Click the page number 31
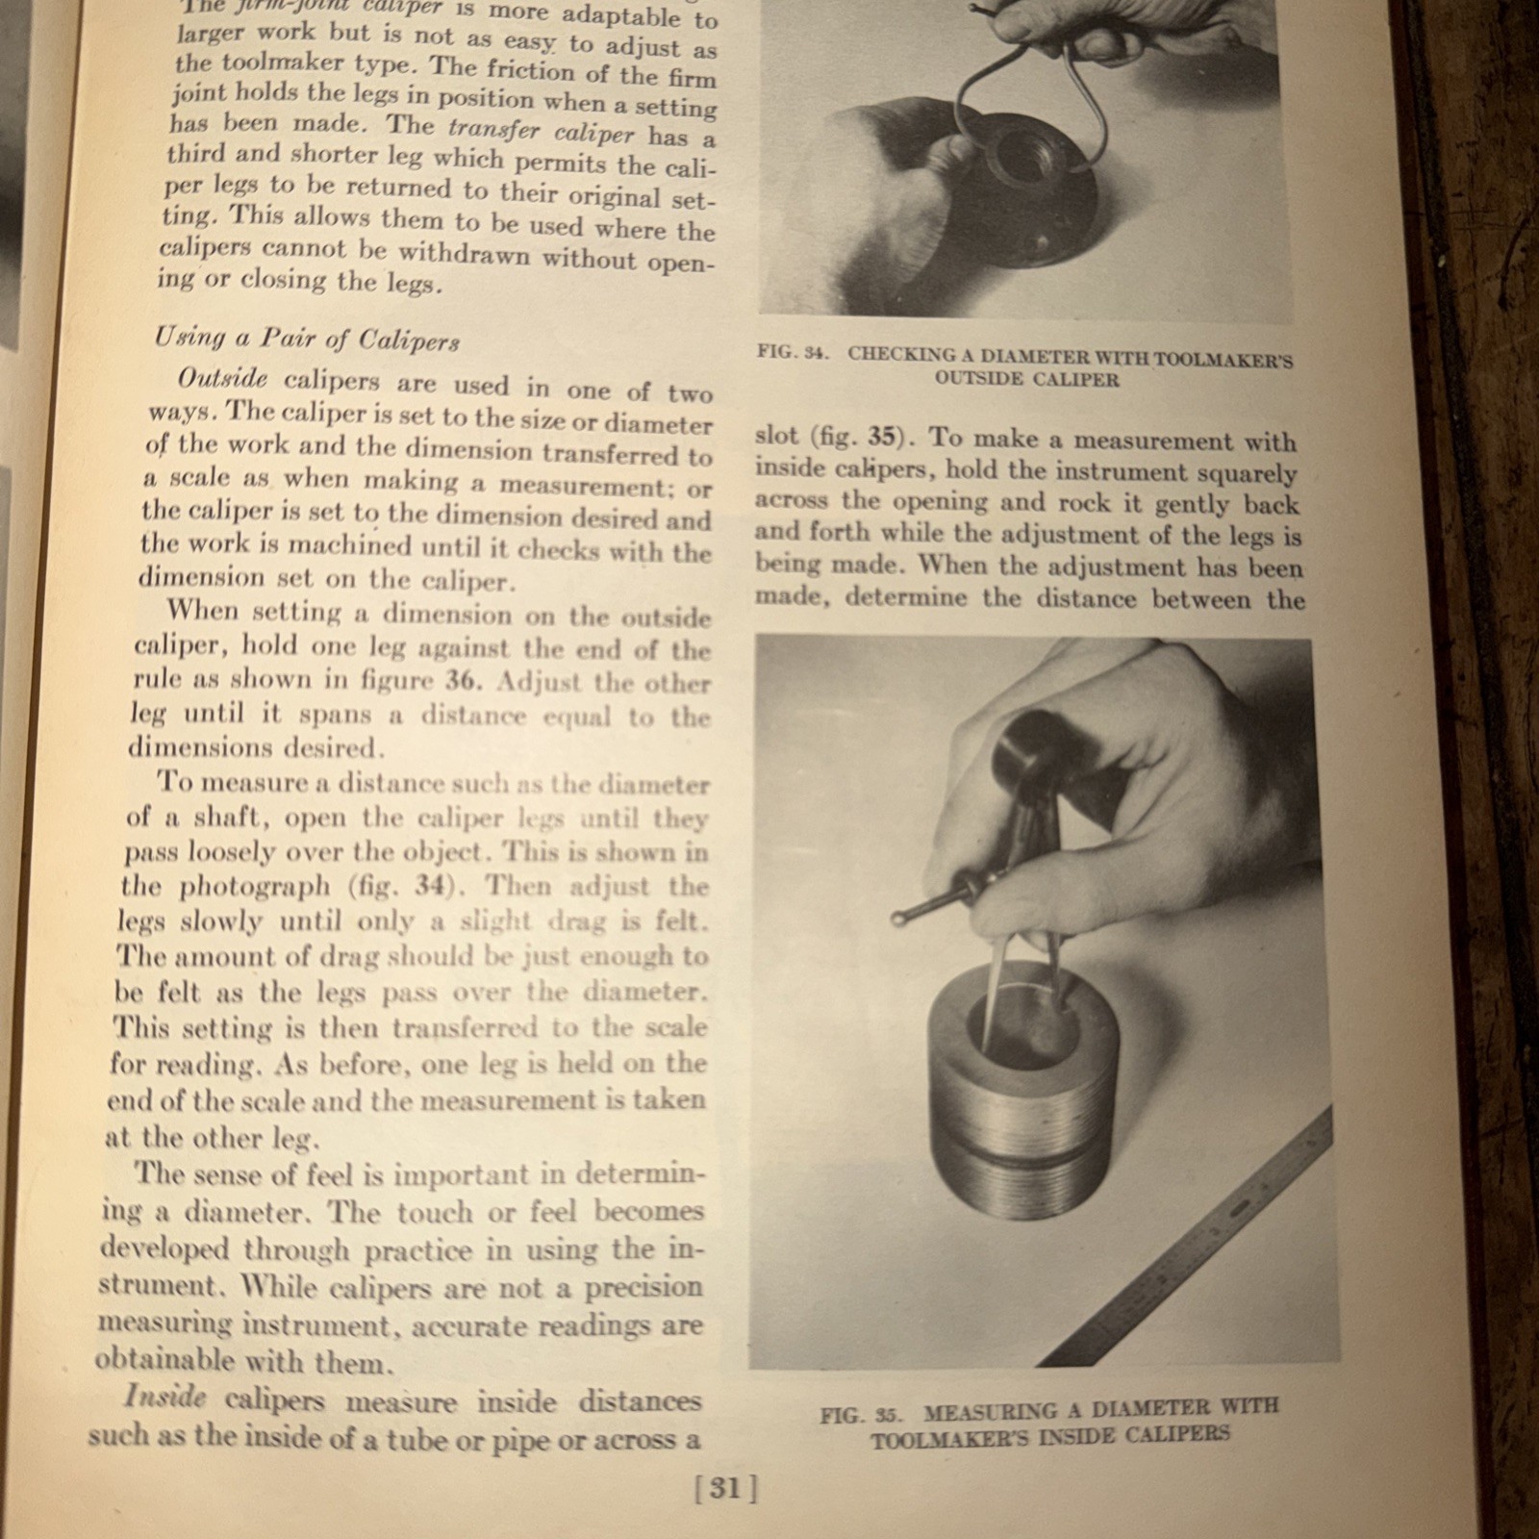click(x=725, y=1489)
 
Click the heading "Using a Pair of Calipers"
click(x=307, y=339)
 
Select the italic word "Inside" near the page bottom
click(x=165, y=1397)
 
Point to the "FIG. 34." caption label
click(x=793, y=352)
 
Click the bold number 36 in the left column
click(x=460, y=679)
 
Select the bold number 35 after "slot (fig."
click(x=881, y=437)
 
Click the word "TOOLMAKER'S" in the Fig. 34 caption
click(x=1223, y=360)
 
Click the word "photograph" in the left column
click(x=254, y=887)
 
